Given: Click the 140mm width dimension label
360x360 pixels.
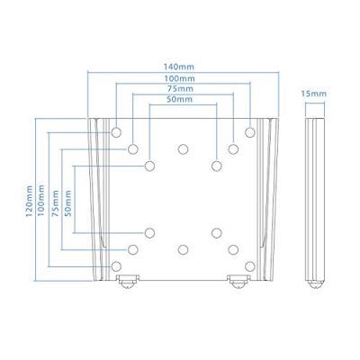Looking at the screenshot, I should coord(183,67).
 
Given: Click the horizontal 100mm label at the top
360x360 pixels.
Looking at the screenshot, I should coord(183,79).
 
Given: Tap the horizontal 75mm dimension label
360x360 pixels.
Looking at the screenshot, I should coord(183,90).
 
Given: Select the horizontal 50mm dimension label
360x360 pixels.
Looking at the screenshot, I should coord(183,101).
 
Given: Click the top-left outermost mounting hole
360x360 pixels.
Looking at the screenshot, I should coord(116,131).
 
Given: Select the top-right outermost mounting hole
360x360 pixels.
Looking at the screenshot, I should coord(250,131).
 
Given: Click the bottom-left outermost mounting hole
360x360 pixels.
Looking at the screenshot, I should coord(116,265).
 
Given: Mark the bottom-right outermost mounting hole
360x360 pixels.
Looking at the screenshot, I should coord(250,265).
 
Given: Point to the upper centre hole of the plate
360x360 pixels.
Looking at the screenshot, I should coord(183,148).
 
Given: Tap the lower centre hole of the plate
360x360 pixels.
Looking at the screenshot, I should coord(183,249).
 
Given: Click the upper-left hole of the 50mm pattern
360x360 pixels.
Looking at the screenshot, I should coord(149,166).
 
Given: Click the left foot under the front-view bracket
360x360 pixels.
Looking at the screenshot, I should coord(127,282).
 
